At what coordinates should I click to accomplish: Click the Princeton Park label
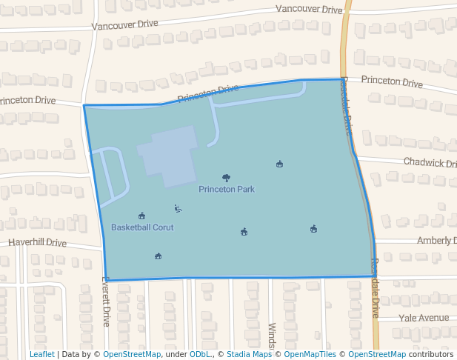pyautogui.click(x=227, y=189)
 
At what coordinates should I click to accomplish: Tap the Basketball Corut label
pyautogui.click(x=142, y=227)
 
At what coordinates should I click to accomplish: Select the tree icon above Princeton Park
pyautogui.click(x=226, y=178)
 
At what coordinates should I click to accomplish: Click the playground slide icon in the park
pyautogui.click(x=178, y=208)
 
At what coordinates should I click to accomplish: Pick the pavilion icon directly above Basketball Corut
pyautogui.click(x=142, y=216)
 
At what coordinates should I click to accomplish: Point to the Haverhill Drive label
pyautogui.click(x=37, y=242)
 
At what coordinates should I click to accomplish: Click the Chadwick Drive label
pyautogui.click(x=430, y=162)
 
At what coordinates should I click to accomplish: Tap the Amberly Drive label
pyautogui.click(x=436, y=240)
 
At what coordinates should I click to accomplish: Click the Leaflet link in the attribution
pyautogui.click(x=41, y=354)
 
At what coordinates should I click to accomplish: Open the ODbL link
pyautogui.click(x=199, y=354)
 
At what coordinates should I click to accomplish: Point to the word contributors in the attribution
pyautogui.click(x=431, y=354)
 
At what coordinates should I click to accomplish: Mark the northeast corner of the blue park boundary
pyautogui.click(x=342, y=79)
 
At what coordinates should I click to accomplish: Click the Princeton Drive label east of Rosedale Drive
pyautogui.click(x=392, y=81)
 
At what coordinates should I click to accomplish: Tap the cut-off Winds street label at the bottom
pyautogui.click(x=272, y=336)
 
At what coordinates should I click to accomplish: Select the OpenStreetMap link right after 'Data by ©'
pyautogui.click(x=132, y=354)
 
